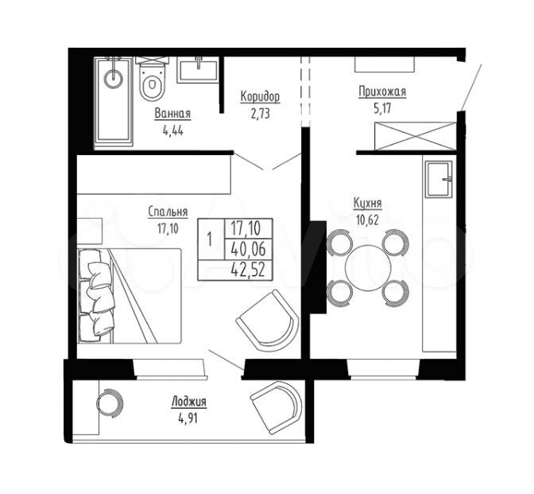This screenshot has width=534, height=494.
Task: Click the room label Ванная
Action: click(172, 114)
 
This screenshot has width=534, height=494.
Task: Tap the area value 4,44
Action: click(173, 130)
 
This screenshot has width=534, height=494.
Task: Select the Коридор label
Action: click(260, 96)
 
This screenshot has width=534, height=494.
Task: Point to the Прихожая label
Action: click(382, 92)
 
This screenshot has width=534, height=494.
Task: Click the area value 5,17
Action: click(382, 109)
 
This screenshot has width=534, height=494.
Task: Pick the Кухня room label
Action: click(367, 204)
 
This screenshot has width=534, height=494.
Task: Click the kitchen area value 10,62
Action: click(367, 220)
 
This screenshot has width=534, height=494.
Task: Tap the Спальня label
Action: click(168, 212)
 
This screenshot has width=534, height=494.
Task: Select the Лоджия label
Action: click(188, 402)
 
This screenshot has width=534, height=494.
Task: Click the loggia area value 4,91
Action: click(188, 418)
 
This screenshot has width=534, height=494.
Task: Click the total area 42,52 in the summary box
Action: click(248, 270)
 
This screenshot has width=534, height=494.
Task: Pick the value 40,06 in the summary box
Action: click(248, 250)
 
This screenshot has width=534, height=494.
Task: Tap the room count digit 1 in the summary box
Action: click(210, 239)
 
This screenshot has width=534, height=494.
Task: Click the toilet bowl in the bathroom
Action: click(152, 79)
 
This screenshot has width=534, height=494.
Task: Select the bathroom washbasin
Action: click(198, 70)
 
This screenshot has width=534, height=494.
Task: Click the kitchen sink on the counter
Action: click(439, 179)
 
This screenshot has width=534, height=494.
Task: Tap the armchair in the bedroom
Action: click(268, 321)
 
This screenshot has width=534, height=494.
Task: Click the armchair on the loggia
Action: click(277, 407)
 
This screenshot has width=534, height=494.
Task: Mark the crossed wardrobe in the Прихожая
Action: click(415, 136)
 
